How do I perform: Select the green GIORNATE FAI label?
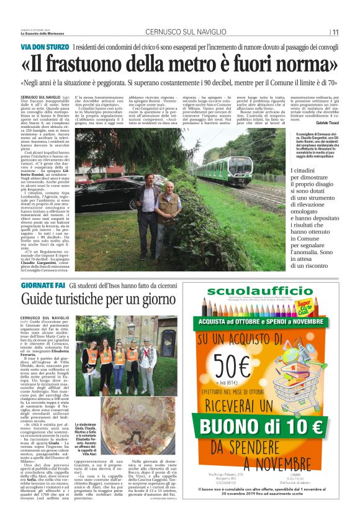point(43,285)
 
